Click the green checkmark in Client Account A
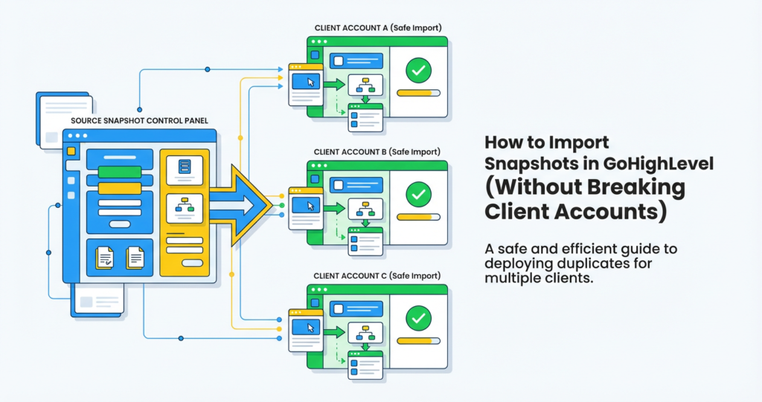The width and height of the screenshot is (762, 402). tap(419, 71)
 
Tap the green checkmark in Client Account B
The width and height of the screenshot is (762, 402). tap(419, 195)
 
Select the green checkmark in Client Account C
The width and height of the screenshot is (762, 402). tap(419, 318)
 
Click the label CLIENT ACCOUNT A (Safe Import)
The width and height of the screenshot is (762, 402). tap(378, 28)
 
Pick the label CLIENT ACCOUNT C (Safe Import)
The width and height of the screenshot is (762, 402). tap(378, 275)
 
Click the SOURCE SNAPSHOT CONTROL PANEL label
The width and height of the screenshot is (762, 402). tap(139, 120)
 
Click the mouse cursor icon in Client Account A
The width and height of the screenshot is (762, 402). tap(310, 80)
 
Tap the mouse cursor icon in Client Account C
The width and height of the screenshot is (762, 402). tap(310, 327)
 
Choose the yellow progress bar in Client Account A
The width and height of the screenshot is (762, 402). tap(418, 93)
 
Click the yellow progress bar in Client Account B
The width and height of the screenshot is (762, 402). tap(418, 216)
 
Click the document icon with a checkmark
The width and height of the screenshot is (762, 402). tap(104, 258)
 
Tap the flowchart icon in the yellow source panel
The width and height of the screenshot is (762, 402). tap(184, 206)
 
